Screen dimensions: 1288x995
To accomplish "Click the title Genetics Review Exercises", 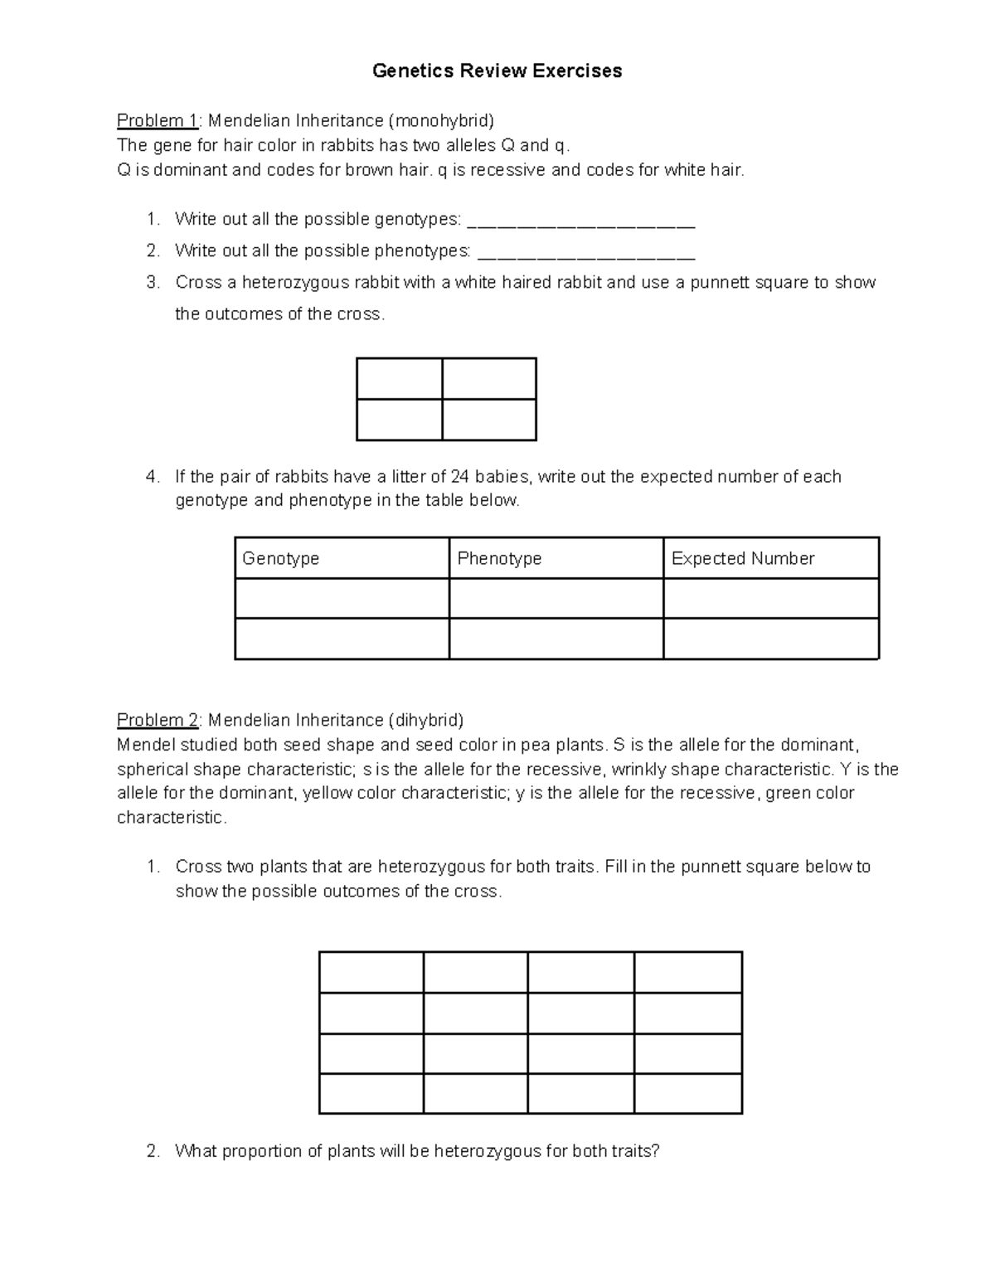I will click(497, 71).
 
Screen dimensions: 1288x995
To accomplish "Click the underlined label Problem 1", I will click(157, 121).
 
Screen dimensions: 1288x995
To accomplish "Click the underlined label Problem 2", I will click(157, 720).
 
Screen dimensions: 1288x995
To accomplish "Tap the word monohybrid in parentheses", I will click(444, 121).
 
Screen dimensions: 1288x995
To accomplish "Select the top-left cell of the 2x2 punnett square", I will click(399, 378).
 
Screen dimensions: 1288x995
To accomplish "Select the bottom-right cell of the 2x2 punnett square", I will click(489, 420).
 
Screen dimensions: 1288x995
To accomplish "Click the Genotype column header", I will click(280, 559).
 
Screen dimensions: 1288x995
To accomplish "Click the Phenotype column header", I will click(499, 559).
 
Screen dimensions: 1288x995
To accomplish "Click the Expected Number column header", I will click(742, 559).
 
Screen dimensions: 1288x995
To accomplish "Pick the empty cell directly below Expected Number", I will click(771, 599).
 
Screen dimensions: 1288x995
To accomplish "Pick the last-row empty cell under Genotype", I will click(342, 639).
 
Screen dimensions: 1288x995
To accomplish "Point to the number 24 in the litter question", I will click(460, 477).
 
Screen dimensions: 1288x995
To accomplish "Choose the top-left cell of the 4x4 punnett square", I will click(371, 972).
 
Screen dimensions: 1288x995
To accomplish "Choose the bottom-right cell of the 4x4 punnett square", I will click(688, 1093).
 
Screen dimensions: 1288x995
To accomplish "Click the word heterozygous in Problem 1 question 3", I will click(296, 283).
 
